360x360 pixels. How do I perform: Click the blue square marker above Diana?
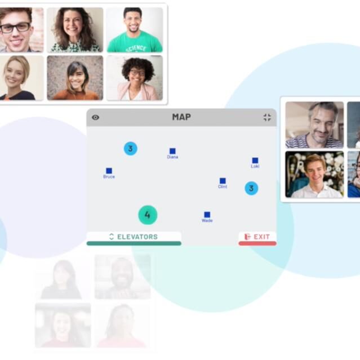point(172,151)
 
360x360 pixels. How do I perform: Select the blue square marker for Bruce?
point(109,171)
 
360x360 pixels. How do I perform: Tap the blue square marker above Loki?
point(255,160)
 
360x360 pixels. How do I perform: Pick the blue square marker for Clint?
point(223,181)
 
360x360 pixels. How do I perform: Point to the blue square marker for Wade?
point(207,215)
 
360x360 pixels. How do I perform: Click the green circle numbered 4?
point(148,215)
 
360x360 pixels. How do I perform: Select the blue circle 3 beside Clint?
point(251,188)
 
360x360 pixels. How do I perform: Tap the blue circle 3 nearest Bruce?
point(130,149)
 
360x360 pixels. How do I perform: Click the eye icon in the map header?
point(96,117)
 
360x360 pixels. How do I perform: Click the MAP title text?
point(181,117)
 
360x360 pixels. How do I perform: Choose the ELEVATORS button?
point(134,238)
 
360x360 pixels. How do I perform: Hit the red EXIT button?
point(257,238)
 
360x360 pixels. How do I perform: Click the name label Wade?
point(207,220)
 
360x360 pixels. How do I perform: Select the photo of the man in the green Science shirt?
point(135,30)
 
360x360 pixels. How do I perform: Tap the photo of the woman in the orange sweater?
point(75,78)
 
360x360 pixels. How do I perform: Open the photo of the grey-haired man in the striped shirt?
point(314,125)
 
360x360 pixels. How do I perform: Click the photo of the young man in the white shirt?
point(314,175)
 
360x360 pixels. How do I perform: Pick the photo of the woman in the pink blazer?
point(135,78)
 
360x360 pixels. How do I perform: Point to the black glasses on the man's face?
point(15,27)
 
